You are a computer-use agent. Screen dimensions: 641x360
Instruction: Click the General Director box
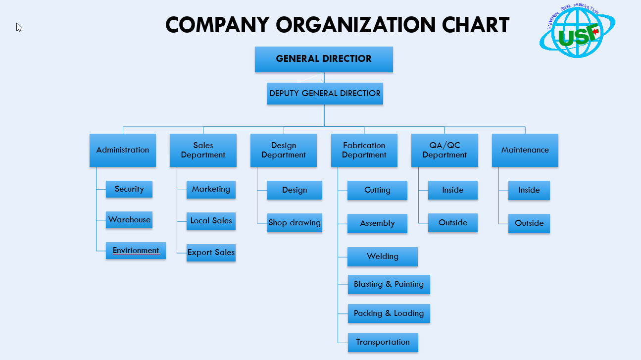(x=324, y=59)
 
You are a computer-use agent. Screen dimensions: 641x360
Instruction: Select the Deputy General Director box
(x=325, y=94)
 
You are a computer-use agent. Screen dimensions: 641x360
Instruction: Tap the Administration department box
(x=123, y=150)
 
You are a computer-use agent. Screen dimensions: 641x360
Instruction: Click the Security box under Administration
(x=129, y=189)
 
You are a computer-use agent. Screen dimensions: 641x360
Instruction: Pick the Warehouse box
(x=129, y=220)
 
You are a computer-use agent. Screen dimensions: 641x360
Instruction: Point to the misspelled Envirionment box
(x=136, y=251)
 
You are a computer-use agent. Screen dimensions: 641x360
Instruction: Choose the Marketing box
(x=211, y=190)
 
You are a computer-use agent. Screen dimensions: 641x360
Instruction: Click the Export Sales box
(x=211, y=253)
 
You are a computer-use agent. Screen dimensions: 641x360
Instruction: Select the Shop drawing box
(x=295, y=223)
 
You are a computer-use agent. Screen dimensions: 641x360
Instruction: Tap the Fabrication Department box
(x=364, y=150)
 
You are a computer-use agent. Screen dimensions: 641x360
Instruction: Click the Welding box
(x=382, y=257)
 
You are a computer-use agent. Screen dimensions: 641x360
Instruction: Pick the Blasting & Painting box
(x=389, y=284)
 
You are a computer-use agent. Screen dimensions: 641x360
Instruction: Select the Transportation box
(x=383, y=342)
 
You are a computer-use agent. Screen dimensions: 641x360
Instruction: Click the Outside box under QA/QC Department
(x=453, y=223)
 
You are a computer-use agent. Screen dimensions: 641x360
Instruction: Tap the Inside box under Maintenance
(x=529, y=190)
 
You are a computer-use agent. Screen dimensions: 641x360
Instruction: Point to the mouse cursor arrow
(x=19, y=27)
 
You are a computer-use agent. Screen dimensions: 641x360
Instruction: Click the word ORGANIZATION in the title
(x=356, y=25)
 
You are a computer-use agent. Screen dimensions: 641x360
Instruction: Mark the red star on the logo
(x=595, y=32)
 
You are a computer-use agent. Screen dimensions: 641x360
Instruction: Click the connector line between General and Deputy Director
(x=324, y=78)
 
